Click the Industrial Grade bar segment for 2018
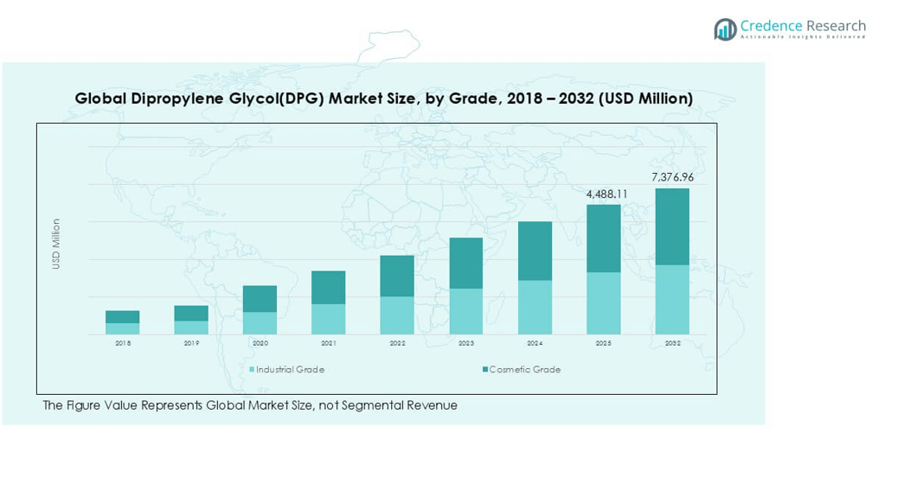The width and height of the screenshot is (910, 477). click(x=123, y=328)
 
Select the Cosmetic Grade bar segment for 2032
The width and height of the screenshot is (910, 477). click(x=672, y=226)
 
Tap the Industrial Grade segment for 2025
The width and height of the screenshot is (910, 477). click(x=604, y=303)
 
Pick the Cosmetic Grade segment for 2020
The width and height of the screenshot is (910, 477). click(x=260, y=299)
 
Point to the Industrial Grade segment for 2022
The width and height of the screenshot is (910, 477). click(x=398, y=315)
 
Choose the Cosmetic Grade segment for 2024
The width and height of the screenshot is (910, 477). click(x=535, y=251)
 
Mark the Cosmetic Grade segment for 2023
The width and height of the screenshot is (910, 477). click(x=466, y=263)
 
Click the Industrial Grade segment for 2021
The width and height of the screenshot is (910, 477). click(x=329, y=319)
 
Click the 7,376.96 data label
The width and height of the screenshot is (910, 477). click(x=672, y=177)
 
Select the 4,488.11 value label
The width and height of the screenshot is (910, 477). click(x=603, y=194)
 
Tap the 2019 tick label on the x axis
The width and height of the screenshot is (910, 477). click(x=191, y=343)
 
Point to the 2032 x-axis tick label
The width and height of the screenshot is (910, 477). click(x=672, y=343)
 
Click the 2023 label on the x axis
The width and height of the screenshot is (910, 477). click(x=466, y=343)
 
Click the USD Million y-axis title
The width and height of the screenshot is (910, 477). click(x=56, y=244)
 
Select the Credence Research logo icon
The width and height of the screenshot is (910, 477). click(x=725, y=29)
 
